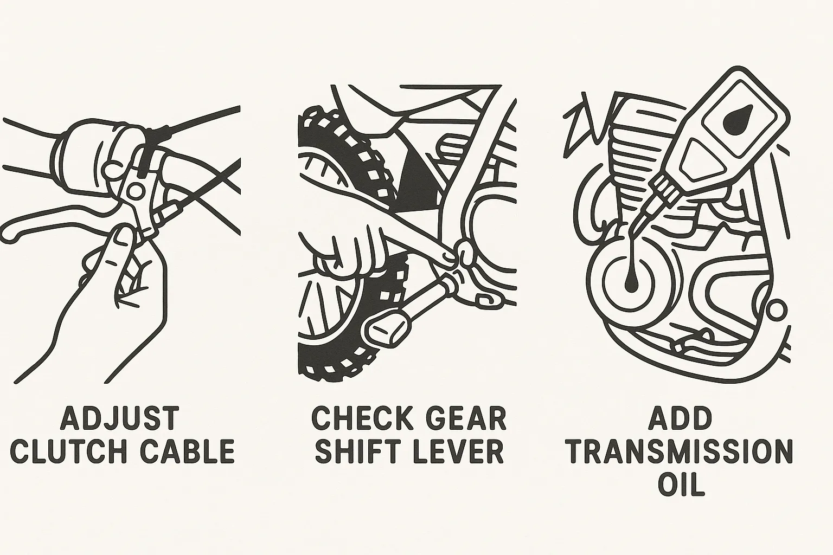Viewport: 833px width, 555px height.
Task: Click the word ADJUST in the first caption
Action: pos(120,418)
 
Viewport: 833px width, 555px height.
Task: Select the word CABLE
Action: pos(187,451)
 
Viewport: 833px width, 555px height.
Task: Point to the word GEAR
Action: pos(466,418)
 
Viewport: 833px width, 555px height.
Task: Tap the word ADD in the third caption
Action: pos(680,418)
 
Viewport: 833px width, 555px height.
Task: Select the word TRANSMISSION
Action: pos(681,451)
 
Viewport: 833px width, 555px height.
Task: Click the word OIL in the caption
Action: pos(681,485)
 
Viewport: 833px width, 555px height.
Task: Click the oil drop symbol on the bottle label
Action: pos(736,120)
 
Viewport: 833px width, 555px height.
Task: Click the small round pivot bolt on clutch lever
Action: pos(134,191)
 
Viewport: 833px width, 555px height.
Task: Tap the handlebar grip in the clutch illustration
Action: pos(86,156)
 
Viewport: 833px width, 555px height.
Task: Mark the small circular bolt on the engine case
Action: pos(776,311)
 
